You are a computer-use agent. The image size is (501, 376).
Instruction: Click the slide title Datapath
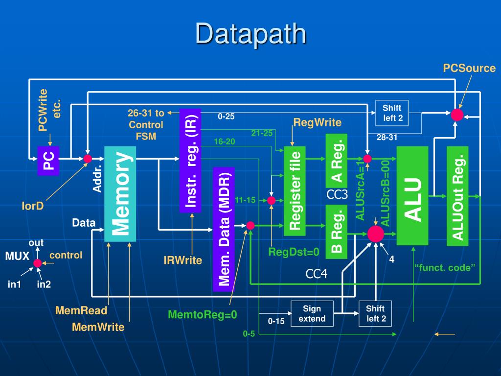(250, 34)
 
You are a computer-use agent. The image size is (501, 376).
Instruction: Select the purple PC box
(48, 161)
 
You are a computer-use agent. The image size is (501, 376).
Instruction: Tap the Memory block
(120, 193)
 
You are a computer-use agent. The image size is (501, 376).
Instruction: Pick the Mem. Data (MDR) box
(224, 229)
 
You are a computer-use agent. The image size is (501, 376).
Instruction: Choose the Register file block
(295, 191)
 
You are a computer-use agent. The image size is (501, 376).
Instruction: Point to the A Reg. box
(337, 160)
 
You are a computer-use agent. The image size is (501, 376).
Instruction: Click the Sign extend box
(312, 314)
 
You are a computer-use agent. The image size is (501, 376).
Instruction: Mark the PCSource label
(469, 68)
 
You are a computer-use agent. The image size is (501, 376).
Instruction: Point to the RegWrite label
(317, 122)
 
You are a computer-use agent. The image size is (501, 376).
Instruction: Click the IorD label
(33, 206)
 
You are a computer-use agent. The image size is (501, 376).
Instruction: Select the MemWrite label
(98, 327)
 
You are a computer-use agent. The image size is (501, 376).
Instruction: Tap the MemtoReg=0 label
(202, 315)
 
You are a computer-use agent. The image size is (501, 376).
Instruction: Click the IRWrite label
(182, 260)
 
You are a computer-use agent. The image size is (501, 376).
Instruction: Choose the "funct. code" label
(445, 267)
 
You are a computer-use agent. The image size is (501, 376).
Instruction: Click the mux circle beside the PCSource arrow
(457, 115)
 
